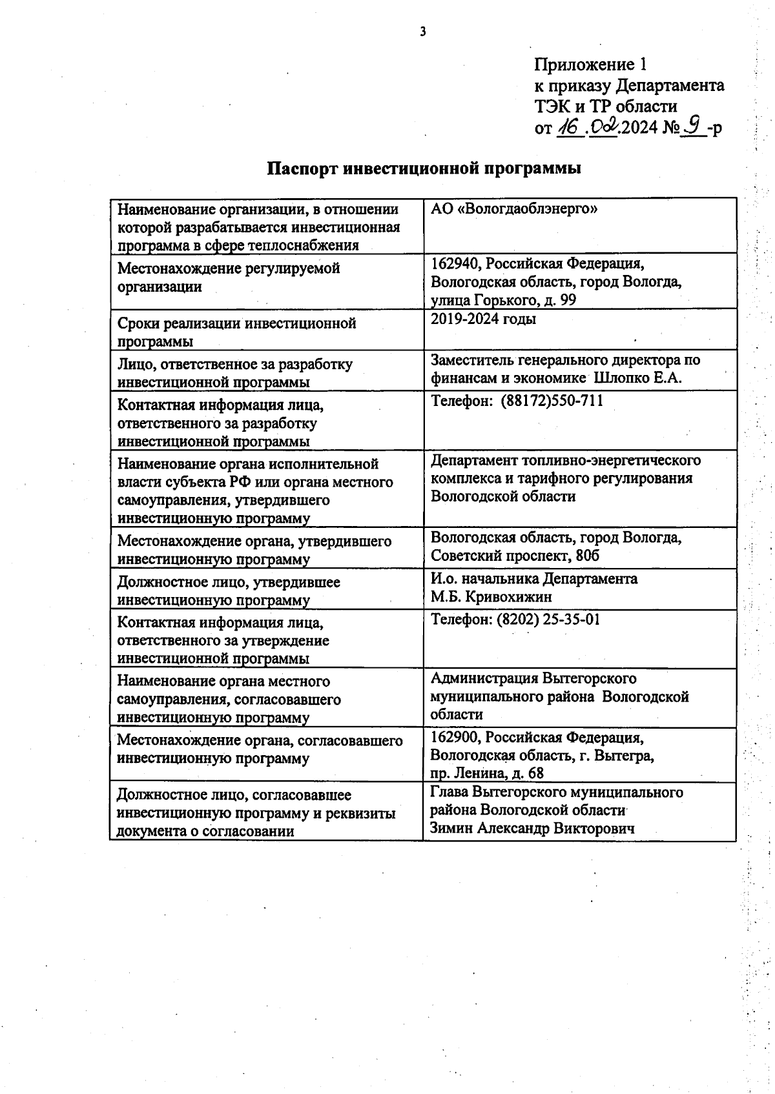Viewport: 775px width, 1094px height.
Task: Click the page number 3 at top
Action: pyautogui.click(x=423, y=31)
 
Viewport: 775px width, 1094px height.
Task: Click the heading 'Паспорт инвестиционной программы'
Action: pyautogui.click(x=424, y=168)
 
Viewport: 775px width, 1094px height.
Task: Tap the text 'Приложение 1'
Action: pyautogui.click(x=590, y=65)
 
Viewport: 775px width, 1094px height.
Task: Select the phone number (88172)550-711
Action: pyautogui.click(x=552, y=401)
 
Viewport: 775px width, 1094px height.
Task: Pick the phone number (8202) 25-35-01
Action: pyautogui.click(x=548, y=620)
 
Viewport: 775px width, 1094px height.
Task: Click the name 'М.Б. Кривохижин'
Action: pyautogui.click(x=491, y=597)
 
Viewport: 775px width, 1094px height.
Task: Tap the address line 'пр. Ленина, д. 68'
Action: pyautogui.click(x=487, y=773)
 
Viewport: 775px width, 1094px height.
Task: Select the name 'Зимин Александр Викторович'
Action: pyautogui.click(x=532, y=829)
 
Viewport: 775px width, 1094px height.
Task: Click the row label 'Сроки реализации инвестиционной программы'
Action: pyautogui.click(x=236, y=332)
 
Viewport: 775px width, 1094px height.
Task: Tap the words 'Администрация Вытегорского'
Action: pyautogui.click(x=533, y=679)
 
